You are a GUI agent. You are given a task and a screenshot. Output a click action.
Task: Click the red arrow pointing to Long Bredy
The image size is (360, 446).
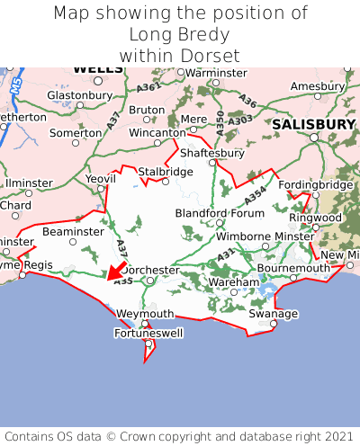click(x=114, y=272)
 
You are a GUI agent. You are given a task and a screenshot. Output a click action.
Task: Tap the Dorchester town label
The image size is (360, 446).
click(x=150, y=270)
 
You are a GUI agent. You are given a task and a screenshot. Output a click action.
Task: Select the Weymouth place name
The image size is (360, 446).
click(x=145, y=313)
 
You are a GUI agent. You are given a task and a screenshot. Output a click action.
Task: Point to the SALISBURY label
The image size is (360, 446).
click(x=314, y=124)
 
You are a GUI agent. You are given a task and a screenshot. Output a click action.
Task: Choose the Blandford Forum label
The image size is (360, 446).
click(x=220, y=213)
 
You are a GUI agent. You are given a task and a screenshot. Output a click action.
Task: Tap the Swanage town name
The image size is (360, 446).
click(x=273, y=313)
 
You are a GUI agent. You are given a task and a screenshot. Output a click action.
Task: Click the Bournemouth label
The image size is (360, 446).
click(x=293, y=268)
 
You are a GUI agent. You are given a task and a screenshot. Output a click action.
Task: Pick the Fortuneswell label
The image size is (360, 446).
click(x=147, y=334)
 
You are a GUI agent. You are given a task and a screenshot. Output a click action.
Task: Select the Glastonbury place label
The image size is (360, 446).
click(x=78, y=94)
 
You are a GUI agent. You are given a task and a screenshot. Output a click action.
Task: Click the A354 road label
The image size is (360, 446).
click(x=256, y=193)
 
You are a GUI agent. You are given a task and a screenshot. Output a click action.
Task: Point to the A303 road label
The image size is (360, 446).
click(x=240, y=120)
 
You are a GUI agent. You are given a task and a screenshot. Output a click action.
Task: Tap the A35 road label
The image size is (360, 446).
click(x=123, y=282)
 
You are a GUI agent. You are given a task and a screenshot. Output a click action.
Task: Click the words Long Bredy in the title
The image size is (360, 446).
click(x=180, y=35)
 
